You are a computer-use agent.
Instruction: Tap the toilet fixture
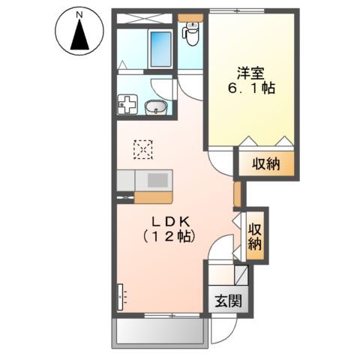coord(191,32)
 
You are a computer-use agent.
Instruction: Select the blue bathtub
coord(160,49)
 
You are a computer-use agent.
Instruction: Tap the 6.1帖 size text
coord(250,89)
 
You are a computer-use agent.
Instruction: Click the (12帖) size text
coord(169,238)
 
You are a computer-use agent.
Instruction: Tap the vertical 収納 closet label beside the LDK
coord(255,235)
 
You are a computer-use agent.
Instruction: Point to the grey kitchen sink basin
coord(159,180)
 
